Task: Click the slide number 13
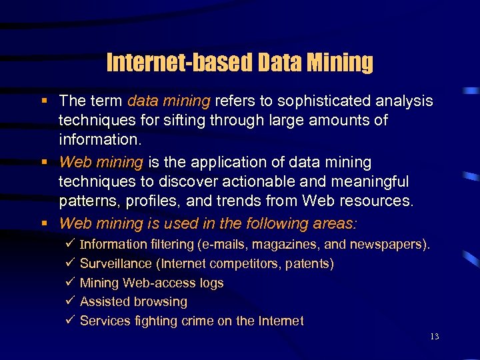[434, 337]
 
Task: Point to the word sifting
[180, 121]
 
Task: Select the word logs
[211, 283]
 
